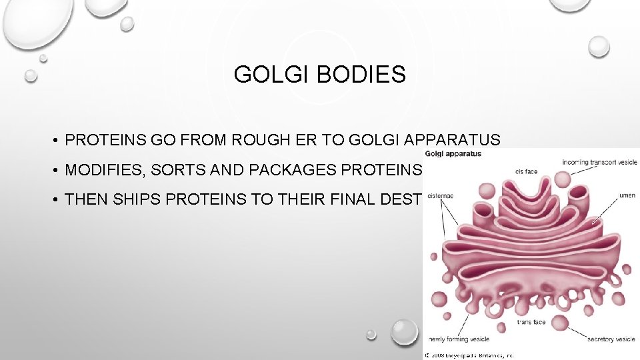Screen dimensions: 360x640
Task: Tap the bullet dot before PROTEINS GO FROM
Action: click(x=57, y=141)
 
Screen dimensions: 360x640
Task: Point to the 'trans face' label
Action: click(x=531, y=323)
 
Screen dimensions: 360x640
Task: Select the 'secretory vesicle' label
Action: click(x=611, y=339)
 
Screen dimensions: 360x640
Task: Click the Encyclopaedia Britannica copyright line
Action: click(x=469, y=356)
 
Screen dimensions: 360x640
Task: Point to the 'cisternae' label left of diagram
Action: click(x=440, y=196)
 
